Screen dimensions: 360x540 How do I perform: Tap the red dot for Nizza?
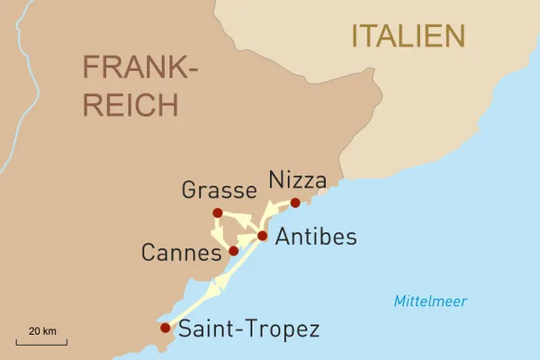[x=295, y=202]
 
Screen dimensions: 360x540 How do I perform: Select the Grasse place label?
[x=220, y=190]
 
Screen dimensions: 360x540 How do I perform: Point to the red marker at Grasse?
[x=217, y=212]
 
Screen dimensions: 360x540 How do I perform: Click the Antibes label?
[x=315, y=238]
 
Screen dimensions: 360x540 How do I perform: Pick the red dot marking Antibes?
[x=262, y=236]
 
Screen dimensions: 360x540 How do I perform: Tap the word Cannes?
[x=181, y=252]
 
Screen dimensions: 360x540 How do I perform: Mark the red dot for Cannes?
[x=233, y=250]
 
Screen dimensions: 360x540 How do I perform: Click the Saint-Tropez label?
[x=249, y=328]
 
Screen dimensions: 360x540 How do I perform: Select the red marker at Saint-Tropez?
[x=165, y=328]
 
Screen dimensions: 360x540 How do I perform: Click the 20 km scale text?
[x=41, y=331]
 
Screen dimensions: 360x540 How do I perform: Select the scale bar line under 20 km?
[x=41, y=342]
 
